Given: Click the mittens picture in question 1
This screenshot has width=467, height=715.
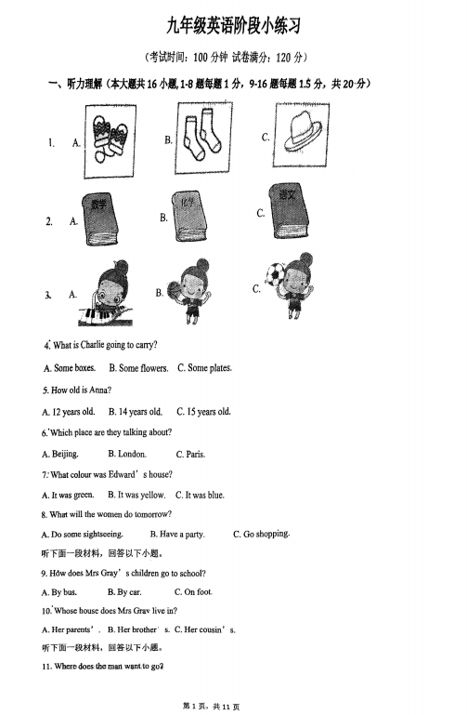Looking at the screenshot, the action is point(110,141).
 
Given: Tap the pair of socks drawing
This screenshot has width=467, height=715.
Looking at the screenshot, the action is point(203,138).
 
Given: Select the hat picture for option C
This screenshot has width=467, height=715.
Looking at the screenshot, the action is point(302,135).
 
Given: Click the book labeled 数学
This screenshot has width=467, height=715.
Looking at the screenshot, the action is point(100,218).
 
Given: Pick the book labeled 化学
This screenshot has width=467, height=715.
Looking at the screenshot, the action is point(188,216).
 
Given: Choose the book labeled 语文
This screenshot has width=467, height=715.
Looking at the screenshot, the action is point(289,211).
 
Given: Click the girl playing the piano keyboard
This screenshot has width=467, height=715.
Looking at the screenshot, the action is point(107,293).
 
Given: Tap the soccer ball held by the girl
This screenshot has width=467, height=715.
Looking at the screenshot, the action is point(275,273).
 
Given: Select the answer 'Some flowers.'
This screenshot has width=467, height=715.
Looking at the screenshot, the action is point(138,368).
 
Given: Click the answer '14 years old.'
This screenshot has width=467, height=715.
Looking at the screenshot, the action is point(136,412).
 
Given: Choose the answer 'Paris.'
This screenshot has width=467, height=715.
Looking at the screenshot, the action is point(190,454).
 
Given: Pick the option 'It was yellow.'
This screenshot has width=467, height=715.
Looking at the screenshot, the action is point(136,495).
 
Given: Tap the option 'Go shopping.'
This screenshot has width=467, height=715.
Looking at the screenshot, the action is point(261,534).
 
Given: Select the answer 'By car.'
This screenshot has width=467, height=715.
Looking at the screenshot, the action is point(124,592).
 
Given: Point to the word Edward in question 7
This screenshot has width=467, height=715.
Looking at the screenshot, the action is point(122,475).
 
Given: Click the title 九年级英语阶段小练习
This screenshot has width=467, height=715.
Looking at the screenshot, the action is point(234,26).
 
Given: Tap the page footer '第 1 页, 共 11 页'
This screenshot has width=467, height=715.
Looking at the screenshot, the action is point(211,707).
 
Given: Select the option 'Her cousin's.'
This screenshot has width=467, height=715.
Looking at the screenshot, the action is point(205,629).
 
